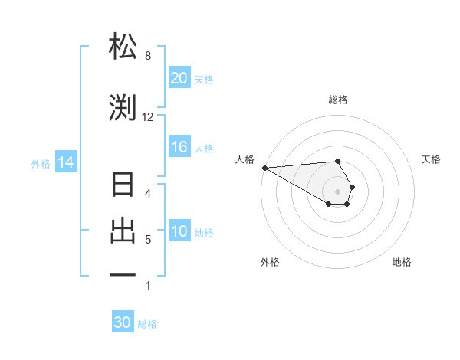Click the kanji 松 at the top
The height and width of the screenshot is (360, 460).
coord(123,47)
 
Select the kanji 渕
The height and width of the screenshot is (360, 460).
coord(123,107)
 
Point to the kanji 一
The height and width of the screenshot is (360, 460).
coord(123,274)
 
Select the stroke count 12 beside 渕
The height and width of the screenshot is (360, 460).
coord(148,117)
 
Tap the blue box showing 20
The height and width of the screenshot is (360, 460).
coord(179,78)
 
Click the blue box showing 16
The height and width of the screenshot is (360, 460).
coord(179,148)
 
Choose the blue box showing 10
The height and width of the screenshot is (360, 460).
coord(179,232)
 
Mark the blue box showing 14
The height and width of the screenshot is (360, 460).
coord(65,162)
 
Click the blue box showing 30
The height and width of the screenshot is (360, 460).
coord(123,323)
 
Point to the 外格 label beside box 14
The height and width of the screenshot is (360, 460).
coord(41,163)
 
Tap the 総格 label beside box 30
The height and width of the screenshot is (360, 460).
coord(147,324)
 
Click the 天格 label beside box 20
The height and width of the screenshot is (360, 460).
coord(204,79)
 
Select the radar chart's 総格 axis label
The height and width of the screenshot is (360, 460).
coord(338,100)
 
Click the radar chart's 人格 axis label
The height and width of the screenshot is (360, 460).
coord(245,159)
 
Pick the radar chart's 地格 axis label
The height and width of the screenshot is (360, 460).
coord(402,262)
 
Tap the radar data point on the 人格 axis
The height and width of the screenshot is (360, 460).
coord(264,168)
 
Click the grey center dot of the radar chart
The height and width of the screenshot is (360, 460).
coord(338,191)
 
